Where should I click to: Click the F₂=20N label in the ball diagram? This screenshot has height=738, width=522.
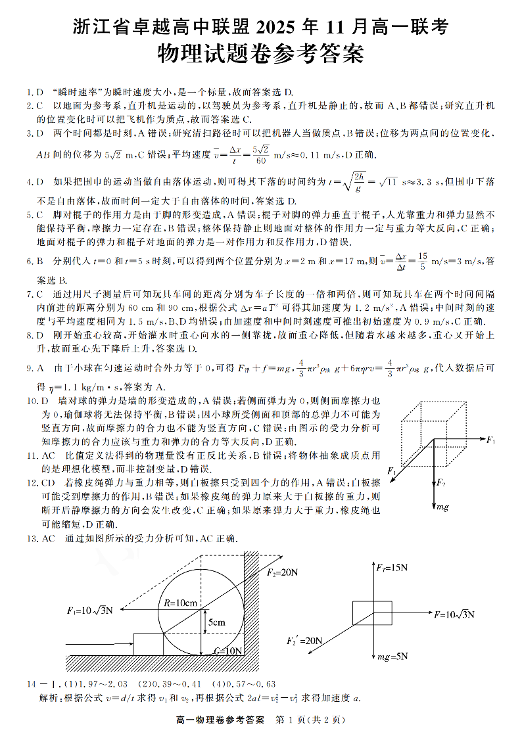(282, 572)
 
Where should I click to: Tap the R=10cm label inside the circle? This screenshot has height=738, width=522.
(181, 603)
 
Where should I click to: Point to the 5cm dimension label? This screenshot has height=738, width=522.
(216, 622)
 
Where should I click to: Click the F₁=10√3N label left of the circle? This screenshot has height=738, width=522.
(89, 610)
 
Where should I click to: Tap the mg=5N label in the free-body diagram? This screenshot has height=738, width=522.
(392, 655)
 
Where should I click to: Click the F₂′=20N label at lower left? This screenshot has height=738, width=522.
(304, 640)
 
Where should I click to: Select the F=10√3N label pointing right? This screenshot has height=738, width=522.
(454, 614)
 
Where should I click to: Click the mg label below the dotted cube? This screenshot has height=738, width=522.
(442, 507)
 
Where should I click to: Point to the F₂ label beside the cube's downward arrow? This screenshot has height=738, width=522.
(442, 484)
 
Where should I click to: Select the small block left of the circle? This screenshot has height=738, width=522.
(149, 644)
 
